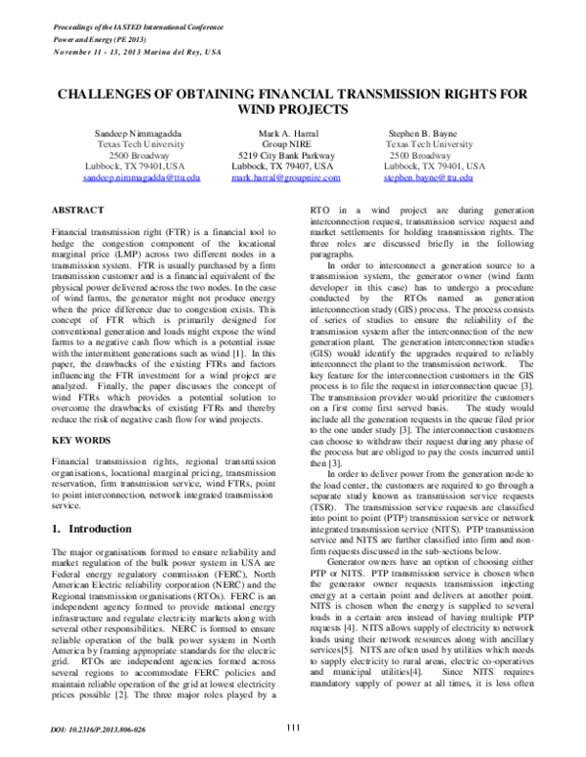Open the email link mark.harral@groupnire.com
point(285,179)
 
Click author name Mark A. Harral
point(285,132)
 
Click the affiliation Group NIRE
point(285,143)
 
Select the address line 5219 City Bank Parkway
point(285,155)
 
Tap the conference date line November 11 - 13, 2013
point(136,39)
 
